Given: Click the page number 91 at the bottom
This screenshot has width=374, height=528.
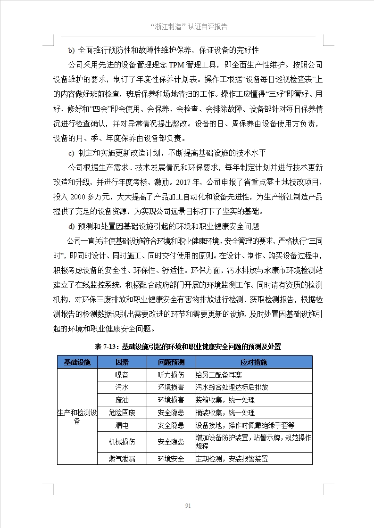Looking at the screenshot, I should [187, 505].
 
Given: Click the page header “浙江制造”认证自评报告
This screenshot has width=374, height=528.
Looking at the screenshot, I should [188, 26].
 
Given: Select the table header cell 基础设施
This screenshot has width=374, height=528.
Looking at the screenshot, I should [77, 362].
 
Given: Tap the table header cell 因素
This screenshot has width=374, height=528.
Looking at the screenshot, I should [122, 362].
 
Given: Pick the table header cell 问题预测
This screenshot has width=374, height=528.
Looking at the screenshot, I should [171, 362].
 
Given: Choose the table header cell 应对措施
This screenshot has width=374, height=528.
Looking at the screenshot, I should [253, 362].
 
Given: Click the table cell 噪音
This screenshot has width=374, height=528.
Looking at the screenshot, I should [122, 375].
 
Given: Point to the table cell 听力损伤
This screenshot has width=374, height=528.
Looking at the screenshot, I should [171, 375].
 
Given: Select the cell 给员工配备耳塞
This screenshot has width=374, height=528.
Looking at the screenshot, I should [219, 375].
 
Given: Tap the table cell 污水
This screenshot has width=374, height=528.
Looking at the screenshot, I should [122, 387].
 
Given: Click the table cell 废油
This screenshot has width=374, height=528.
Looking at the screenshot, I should [122, 400].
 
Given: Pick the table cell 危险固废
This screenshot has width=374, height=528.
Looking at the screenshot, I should [122, 412].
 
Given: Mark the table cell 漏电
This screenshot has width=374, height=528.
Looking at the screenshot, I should [122, 425].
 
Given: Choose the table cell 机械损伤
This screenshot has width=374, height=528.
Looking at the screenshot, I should [122, 442].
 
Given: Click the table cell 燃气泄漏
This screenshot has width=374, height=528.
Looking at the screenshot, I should [122, 458].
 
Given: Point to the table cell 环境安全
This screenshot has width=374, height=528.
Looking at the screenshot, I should [171, 458].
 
